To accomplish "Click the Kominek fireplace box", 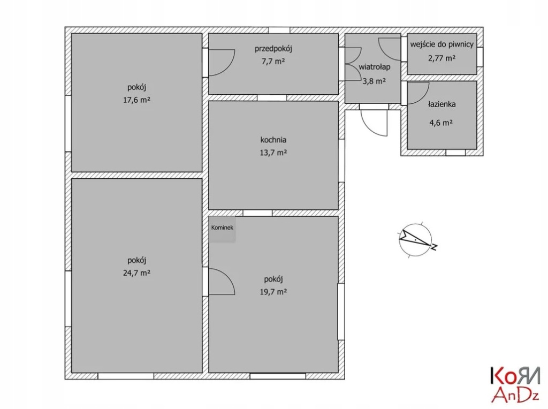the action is point(223,229).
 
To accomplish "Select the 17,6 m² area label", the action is point(136,100).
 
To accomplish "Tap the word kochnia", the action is point(273,140).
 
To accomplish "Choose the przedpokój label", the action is point(273,49).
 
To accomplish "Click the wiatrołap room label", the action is point(374,67).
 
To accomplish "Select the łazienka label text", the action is point(442,105).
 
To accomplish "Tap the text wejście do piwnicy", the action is point(442,44).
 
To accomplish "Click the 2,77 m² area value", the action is point(442,57).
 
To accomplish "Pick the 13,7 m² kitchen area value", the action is point(273,153).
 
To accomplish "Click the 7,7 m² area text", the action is point(273,62).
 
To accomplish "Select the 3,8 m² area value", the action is point(374,81).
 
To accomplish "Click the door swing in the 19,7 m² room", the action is point(221,282).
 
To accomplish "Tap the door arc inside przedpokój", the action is point(221,62).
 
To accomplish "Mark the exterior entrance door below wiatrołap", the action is point(374,123).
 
